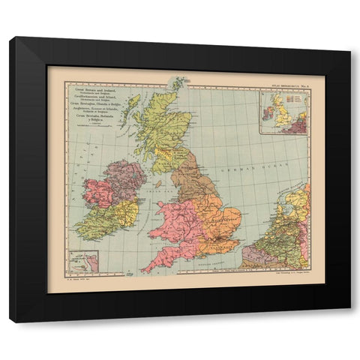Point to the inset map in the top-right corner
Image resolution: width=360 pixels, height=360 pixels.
[x=283, y=112]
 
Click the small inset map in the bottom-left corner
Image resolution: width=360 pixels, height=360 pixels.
[x=83, y=261]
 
